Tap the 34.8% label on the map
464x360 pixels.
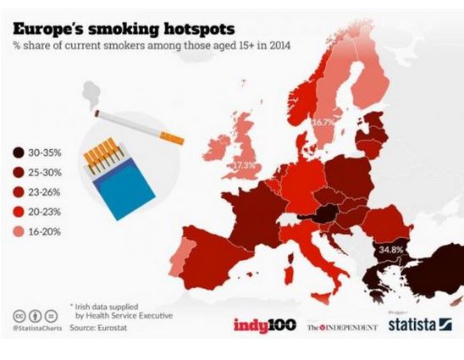tap(390, 250)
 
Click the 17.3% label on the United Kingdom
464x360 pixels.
tap(245, 163)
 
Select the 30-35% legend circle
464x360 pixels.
tap(18, 153)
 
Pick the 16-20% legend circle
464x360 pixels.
tap(18, 230)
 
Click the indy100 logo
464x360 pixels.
tap(263, 324)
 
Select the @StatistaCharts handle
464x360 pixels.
tap(36, 327)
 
